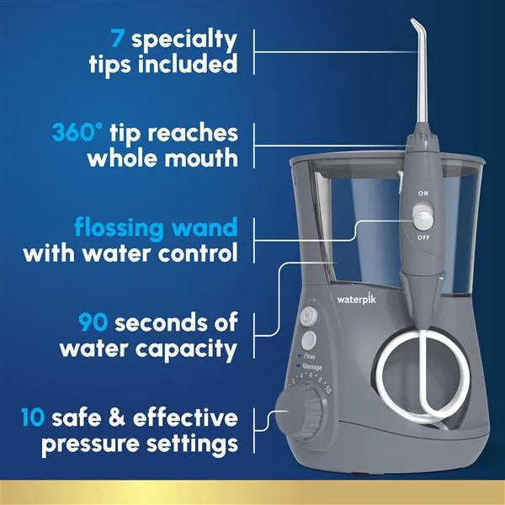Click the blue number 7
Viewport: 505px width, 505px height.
click(117, 38)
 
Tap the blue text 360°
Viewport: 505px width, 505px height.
click(77, 132)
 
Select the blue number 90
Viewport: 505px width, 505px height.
click(93, 322)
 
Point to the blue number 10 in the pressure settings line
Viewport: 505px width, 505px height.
click(33, 417)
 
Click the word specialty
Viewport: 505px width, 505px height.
click(184, 40)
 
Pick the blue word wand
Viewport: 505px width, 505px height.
click(205, 227)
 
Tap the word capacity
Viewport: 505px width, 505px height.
click(186, 349)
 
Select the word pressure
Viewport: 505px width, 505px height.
click(91, 444)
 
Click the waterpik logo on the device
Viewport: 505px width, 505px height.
click(357, 300)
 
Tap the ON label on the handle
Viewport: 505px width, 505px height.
click(423, 194)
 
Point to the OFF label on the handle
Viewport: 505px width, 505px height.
click(423, 237)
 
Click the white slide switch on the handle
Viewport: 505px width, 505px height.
click(423, 218)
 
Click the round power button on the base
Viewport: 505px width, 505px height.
click(308, 316)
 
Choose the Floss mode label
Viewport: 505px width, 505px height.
click(310, 356)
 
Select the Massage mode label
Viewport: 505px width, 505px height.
click(312, 367)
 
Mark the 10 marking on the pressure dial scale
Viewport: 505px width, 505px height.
click(327, 389)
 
